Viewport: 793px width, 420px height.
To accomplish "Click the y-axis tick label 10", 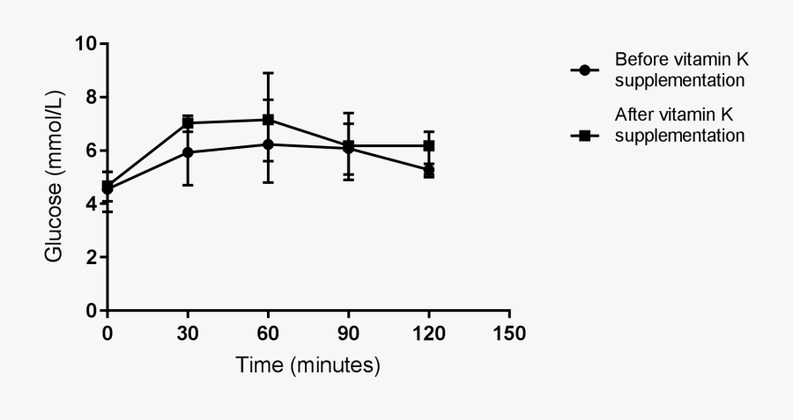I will point(85,43).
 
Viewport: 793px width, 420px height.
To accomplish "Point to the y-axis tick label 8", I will point(91,97).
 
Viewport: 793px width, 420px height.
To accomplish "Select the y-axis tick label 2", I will point(91,257).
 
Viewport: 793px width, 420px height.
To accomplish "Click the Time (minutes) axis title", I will point(308,365).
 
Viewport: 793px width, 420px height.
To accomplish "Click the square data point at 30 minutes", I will point(188,122).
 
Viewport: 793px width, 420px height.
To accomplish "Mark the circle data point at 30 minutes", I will point(188,152).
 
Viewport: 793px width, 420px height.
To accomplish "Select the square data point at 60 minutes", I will point(268,119).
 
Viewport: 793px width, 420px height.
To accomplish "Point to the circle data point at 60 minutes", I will point(268,144).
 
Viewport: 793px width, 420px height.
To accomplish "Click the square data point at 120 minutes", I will point(429,145).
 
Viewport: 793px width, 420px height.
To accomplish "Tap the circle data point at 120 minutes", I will point(429,170).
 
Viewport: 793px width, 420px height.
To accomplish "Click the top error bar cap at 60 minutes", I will point(268,73).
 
